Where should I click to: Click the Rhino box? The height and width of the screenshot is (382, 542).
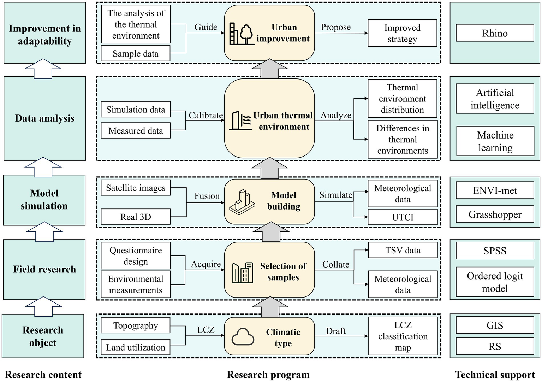(x=495, y=33)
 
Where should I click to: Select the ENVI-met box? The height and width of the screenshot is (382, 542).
(x=495, y=190)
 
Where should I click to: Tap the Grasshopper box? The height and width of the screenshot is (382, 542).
(x=495, y=214)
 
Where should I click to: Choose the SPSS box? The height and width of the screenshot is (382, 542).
(x=495, y=251)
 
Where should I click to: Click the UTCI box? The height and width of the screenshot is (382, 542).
(x=403, y=217)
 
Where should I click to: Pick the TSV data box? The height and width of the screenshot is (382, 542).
(x=403, y=250)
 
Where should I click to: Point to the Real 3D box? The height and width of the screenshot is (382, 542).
(x=136, y=217)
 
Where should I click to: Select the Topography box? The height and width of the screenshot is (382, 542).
(x=136, y=325)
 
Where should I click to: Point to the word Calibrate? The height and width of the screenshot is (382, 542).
(x=206, y=115)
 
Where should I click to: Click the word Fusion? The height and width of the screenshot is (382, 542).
(x=207, y=196)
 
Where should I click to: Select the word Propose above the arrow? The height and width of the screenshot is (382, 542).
(x=335, y=27)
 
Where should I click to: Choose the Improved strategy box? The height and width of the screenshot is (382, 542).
(x=402, y=33)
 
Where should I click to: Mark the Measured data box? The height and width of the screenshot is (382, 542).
(x=136, y=131)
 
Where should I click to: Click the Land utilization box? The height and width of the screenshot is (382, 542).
(x=136, y=347)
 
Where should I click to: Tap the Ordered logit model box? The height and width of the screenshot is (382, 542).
(x=495, y=282)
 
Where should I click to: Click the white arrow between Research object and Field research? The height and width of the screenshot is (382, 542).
(x=44, y=306)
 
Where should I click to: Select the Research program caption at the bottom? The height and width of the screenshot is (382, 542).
(x=268, y=375)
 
